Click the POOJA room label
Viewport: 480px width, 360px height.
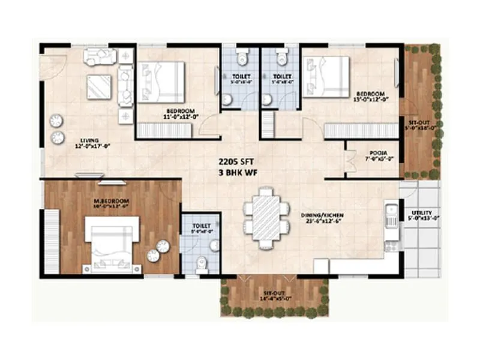click(x=377, y=153)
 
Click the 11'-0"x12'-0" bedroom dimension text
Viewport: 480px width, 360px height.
click(x=181, y=117)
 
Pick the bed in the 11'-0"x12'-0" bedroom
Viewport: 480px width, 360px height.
click(x=160, y=82)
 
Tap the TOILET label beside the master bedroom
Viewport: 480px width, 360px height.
click(x=201, y=224)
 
